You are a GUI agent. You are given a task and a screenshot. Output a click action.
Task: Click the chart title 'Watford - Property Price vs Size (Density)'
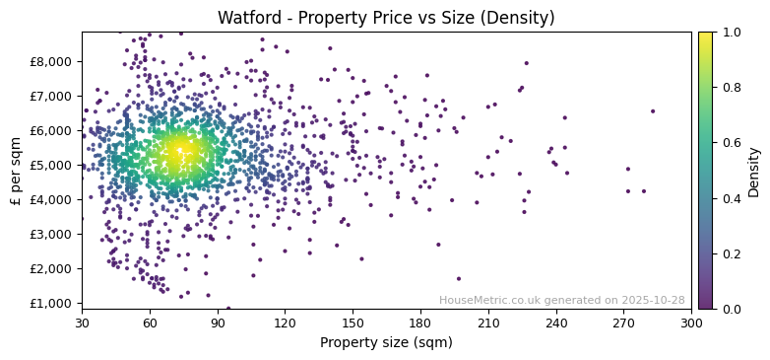click(386, 18)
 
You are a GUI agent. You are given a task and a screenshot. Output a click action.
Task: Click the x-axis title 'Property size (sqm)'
click(386, 343)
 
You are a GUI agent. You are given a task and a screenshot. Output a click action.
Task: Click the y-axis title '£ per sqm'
click(16, 171)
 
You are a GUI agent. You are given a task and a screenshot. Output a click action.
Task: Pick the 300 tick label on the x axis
click(691, 323)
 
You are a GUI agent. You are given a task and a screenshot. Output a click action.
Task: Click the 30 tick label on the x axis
click(82, 323)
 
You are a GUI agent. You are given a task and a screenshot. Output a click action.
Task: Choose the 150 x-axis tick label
click(353, 323)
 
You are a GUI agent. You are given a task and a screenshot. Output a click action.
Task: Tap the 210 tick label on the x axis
click(488, 323)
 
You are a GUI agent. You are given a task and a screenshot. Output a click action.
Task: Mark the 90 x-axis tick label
click(218, 323)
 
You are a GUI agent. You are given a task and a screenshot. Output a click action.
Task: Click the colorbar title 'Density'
click(754, 171)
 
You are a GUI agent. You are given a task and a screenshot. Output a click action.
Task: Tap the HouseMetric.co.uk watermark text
click(561, 300)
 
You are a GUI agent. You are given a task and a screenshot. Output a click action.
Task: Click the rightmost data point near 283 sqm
click(652, 111)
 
